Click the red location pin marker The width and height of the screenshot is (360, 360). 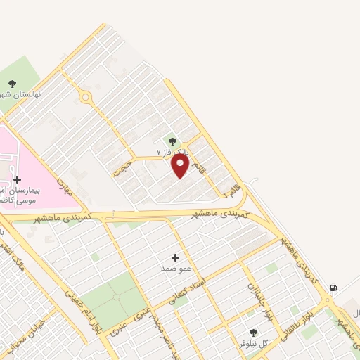180,166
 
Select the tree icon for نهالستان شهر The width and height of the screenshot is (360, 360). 12,84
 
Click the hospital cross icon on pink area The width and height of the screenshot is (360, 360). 17,179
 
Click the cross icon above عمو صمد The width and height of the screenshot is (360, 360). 175,257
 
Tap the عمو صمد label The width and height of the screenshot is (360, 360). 172,269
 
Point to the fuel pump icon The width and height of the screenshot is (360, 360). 333,287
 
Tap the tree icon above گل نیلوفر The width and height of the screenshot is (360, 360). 253,333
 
